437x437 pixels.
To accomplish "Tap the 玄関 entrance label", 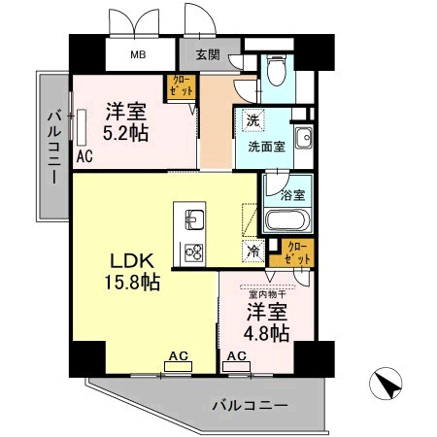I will [206, 55].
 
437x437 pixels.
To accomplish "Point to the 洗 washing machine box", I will [252, 122].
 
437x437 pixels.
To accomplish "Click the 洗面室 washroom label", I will [266, 148].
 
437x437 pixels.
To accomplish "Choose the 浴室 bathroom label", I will [292, 194].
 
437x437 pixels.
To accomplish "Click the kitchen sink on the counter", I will [191, 216].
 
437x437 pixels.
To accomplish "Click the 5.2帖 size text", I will [126, 133].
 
